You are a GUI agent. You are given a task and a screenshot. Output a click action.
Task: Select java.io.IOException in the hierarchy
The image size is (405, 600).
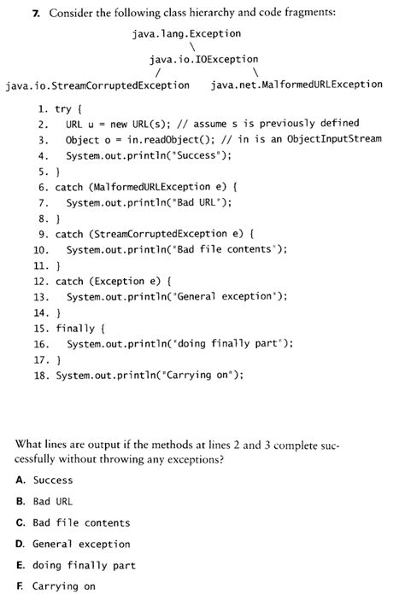pyautogui.click(x=203, y=59)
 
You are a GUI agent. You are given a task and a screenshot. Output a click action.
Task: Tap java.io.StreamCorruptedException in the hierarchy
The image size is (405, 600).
pyautogui.click(x=97, y=85)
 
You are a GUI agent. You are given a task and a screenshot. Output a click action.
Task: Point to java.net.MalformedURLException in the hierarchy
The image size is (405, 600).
pyautogui.click(x=296, y=85)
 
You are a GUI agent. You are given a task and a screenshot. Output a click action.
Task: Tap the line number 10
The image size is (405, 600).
pyautogui.click(x=39, y=249)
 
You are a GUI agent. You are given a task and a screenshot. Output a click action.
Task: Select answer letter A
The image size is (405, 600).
pyautogui.click(x=20, y=481)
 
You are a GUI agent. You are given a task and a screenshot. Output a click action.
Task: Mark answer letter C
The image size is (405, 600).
pyautogui.click(x=20, y=522)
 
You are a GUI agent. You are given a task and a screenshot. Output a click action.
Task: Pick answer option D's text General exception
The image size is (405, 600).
pyautogui.click(x=81, y=544)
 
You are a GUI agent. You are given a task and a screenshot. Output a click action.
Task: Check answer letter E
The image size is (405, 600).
pyautogui.click(x=20, y=564)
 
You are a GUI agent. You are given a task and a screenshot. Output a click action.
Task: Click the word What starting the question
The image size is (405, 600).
pyautogui.click(x=30, y=444)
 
